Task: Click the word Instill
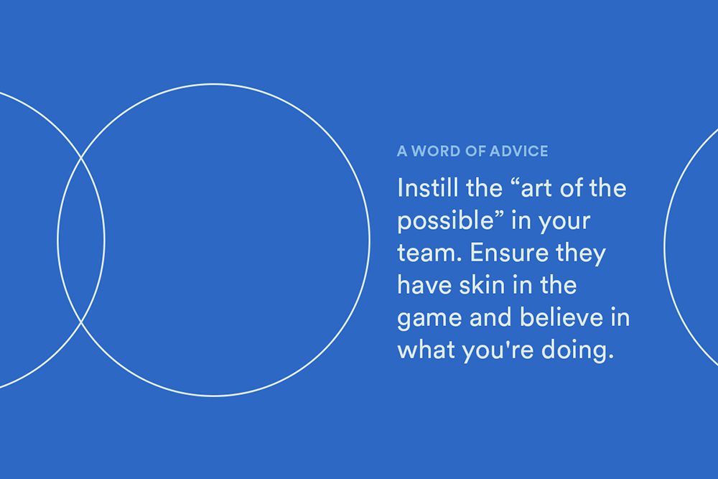[x=428, y=187]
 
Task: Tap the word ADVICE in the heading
[x=518, y=151]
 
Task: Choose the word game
[x=429, y=319]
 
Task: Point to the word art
[x=536, y=189]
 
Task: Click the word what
[x=426, y=350]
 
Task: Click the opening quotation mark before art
[x=515, y=182]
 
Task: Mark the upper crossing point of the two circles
[x=82, y=158]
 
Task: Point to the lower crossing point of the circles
[x=82, y=322]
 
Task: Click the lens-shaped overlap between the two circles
[x=81, y=240]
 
